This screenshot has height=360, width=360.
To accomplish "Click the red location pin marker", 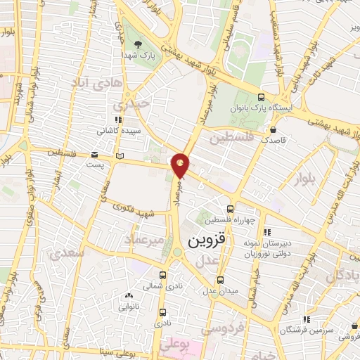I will coord(181,165).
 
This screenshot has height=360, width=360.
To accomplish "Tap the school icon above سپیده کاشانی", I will coord(117,120).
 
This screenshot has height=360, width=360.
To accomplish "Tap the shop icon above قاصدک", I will coord(273,129).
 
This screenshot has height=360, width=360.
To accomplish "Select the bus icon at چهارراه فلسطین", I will coord(231,209).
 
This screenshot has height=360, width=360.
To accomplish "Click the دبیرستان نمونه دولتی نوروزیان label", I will coord(266,247).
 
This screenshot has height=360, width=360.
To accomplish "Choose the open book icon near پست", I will coord(119,155).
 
